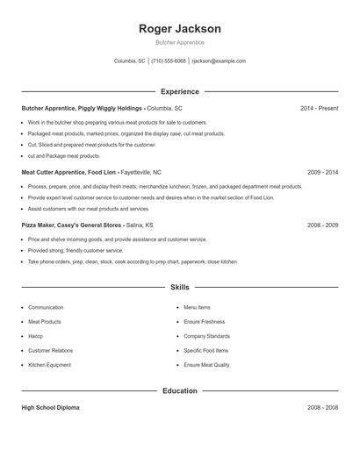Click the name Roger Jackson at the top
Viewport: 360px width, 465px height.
179,29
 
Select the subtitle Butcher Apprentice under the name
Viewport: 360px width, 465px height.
179,42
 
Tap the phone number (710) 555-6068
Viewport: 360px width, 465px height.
169,61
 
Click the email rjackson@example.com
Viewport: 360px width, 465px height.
219,61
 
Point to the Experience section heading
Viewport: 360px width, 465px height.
179,91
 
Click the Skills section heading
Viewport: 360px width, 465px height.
179,287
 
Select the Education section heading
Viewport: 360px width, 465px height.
179,391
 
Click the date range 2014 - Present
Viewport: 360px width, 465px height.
319,108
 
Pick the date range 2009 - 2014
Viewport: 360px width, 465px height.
322,173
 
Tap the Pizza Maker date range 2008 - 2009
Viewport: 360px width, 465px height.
322,225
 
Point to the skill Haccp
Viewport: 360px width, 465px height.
35,336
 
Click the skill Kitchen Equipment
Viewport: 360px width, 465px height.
49,365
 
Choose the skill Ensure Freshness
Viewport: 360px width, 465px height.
204,322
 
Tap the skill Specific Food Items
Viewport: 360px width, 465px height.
206,351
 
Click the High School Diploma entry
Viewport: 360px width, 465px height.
51,408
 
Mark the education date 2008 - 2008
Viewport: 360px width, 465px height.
322,408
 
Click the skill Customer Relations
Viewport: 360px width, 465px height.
51,351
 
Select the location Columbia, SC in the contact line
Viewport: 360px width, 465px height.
130,61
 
